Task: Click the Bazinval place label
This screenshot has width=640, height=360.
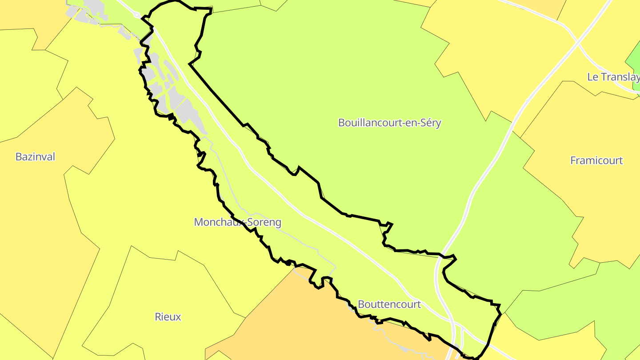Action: (x=35, y=156)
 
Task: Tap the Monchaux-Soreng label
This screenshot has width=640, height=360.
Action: (x=237, y=222)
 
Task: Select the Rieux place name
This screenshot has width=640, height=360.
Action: (x=168, y=317)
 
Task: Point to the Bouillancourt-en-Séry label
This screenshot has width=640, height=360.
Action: (x=389, y=123)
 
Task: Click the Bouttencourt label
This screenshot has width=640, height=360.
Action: (x=389, y=304)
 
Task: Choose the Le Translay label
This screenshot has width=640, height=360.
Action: (x=613, y=77)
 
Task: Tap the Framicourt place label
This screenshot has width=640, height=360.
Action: (x=596, y=160)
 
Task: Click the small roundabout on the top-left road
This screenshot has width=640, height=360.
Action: (x=137, y=16)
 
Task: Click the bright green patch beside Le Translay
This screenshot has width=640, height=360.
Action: (x=634, y=60)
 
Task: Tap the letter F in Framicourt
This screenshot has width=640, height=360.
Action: (x=573, y=160)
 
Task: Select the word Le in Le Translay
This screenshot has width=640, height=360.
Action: (x=592, y=77)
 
